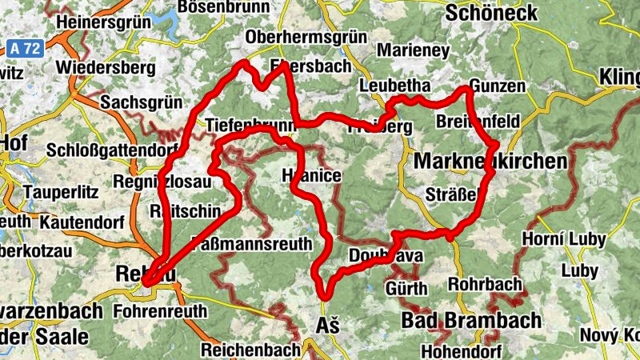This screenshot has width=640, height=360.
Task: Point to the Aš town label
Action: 329,326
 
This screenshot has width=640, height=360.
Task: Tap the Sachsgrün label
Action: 142,103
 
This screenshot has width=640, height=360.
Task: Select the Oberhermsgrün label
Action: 306,38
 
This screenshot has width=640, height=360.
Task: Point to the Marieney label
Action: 413,50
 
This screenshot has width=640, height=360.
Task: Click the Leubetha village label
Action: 395,86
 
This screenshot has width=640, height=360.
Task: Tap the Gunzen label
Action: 498,86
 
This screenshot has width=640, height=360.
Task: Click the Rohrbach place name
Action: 485,284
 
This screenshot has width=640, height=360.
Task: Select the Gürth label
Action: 406,287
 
